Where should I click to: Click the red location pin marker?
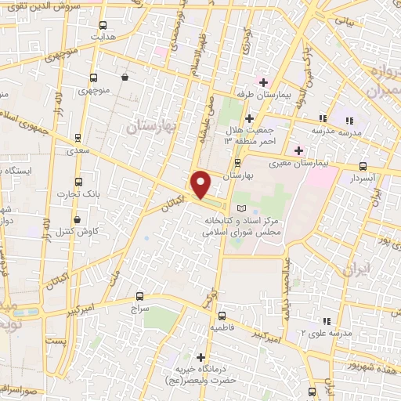[201, 183]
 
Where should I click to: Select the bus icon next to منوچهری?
[93, 78]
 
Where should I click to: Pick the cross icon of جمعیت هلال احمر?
[249, 118]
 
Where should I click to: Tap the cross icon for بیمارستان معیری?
[298, 150]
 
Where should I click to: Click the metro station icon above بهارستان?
[238, 163]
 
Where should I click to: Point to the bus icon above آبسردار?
[363, 166]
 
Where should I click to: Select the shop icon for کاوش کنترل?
[77, 220]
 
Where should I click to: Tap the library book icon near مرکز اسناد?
[240, 208]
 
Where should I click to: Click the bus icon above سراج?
[139, 296]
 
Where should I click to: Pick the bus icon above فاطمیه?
[221, 308]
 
